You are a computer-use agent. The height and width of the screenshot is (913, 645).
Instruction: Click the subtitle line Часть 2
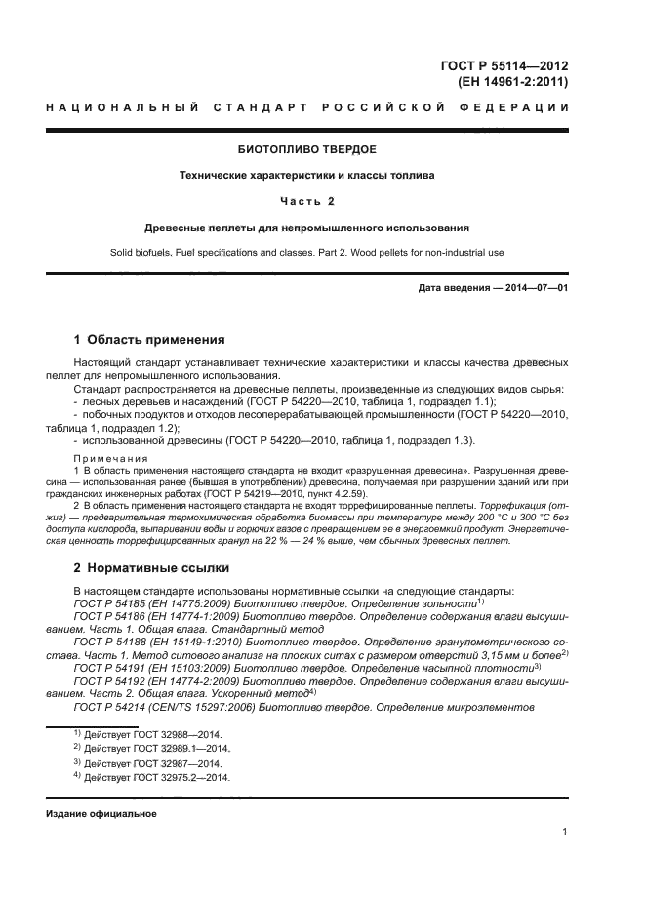coord(307,201)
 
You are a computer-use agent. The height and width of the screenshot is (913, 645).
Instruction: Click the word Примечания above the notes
coord(106,457)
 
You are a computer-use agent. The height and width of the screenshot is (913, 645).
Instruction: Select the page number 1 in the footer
coord(565,832)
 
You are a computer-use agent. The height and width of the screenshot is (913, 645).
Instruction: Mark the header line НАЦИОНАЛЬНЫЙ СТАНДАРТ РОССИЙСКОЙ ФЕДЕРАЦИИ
coord(307,105)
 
